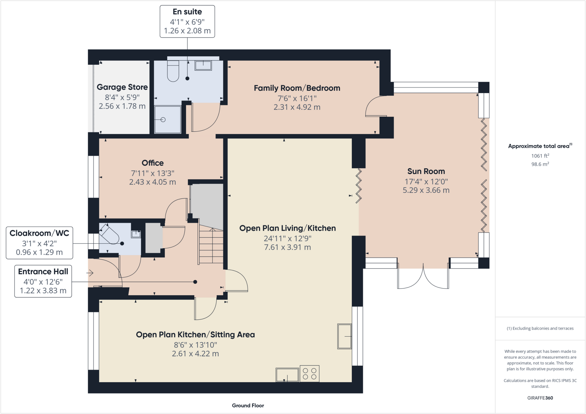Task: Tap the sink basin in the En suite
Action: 203,65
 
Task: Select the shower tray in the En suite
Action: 168,119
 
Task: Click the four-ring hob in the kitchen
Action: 309,374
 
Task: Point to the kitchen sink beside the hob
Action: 287,375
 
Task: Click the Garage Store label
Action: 122,87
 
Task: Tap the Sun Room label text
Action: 426,171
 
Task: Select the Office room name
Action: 153,163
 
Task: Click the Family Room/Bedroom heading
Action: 297,88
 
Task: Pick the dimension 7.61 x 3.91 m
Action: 287,247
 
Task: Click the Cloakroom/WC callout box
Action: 39,243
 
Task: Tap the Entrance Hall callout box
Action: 43,281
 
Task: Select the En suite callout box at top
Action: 187,21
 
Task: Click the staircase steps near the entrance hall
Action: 211,247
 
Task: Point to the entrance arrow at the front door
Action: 90,273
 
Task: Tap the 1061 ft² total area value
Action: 540,156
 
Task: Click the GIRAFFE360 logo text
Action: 540,398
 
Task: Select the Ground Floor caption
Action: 248,405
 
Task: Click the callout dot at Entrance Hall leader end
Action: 195,282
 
